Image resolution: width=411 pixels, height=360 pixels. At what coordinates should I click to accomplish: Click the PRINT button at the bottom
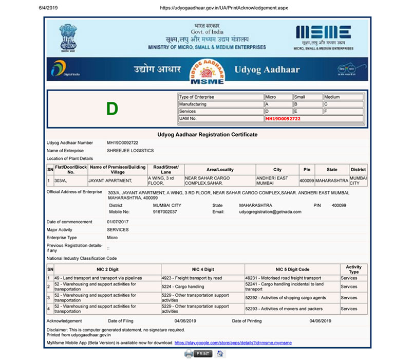click(198, 353)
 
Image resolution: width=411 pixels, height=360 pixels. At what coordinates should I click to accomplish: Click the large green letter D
click(112, 109)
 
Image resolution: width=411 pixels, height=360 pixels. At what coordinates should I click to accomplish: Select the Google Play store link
click(233, 342)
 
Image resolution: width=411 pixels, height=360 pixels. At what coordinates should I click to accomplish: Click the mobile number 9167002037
click(165, 211)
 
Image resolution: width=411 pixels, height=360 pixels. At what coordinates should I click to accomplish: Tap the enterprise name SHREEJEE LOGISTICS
click(130, 151)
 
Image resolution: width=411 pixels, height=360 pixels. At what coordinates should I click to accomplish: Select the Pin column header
click(307, 169)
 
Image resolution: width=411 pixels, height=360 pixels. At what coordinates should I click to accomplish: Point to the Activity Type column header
click(353, 269)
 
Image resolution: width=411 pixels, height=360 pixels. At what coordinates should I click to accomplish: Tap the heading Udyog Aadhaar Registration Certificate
click(207, 134)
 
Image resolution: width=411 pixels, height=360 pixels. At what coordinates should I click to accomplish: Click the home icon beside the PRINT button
click(220, 353)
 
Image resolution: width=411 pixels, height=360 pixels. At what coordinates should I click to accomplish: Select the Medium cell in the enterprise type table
click(332, 97)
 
